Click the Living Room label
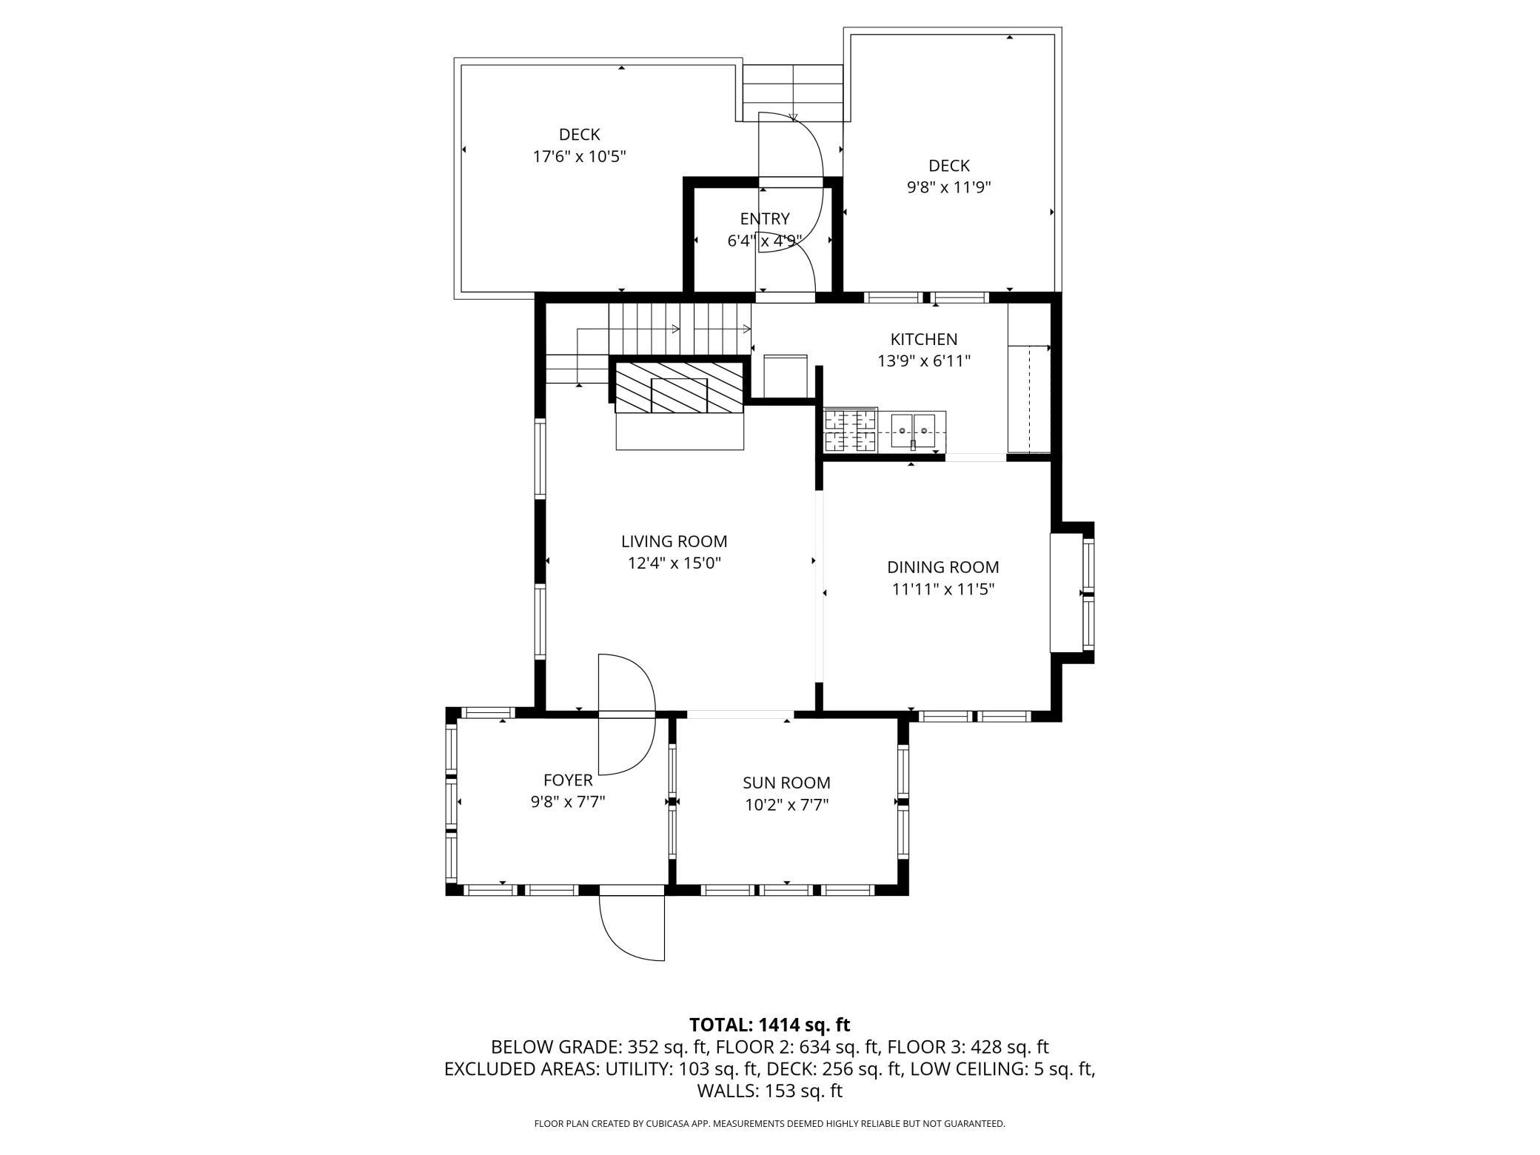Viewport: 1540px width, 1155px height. pyautogui.click(x=674, y=541)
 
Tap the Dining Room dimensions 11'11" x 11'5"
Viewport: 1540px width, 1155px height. pyautogui.click(x=943, y=589)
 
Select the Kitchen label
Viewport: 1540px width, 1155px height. pyautogui.click(x=923, y=339)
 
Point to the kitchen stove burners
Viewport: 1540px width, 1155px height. pyautogui.click(x=851, y=431)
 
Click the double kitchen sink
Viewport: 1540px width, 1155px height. pyautogui.click(x=913, y=431)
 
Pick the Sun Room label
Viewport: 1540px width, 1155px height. pyautogui.click(x=786, y=783)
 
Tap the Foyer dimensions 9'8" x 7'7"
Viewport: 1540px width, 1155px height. pyautogui.click(x=568, y=802)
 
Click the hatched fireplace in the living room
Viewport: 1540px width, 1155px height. pyautogui.click(x=678, y=387)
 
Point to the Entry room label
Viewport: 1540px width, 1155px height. pyautogui.click(x=765, y=218)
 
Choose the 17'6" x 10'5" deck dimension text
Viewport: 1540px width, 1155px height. pyautogui.click(x=580, y=157)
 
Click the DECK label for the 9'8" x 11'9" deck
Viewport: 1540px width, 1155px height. pyautogui.click(x=949, y=166)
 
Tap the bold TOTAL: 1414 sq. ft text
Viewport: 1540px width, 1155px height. pyautogui.click(x=770, y=1025)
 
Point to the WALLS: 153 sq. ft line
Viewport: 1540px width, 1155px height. pyautogui.click(x=770, y=1091)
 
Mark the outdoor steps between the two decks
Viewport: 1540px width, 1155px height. pyautogui.click(x=793, y=93)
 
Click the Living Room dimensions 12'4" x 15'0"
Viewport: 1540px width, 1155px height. pyautogui.click(x=674, y=563)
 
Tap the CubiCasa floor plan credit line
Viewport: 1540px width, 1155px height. pyautogui.click(x=770, y=1124)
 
